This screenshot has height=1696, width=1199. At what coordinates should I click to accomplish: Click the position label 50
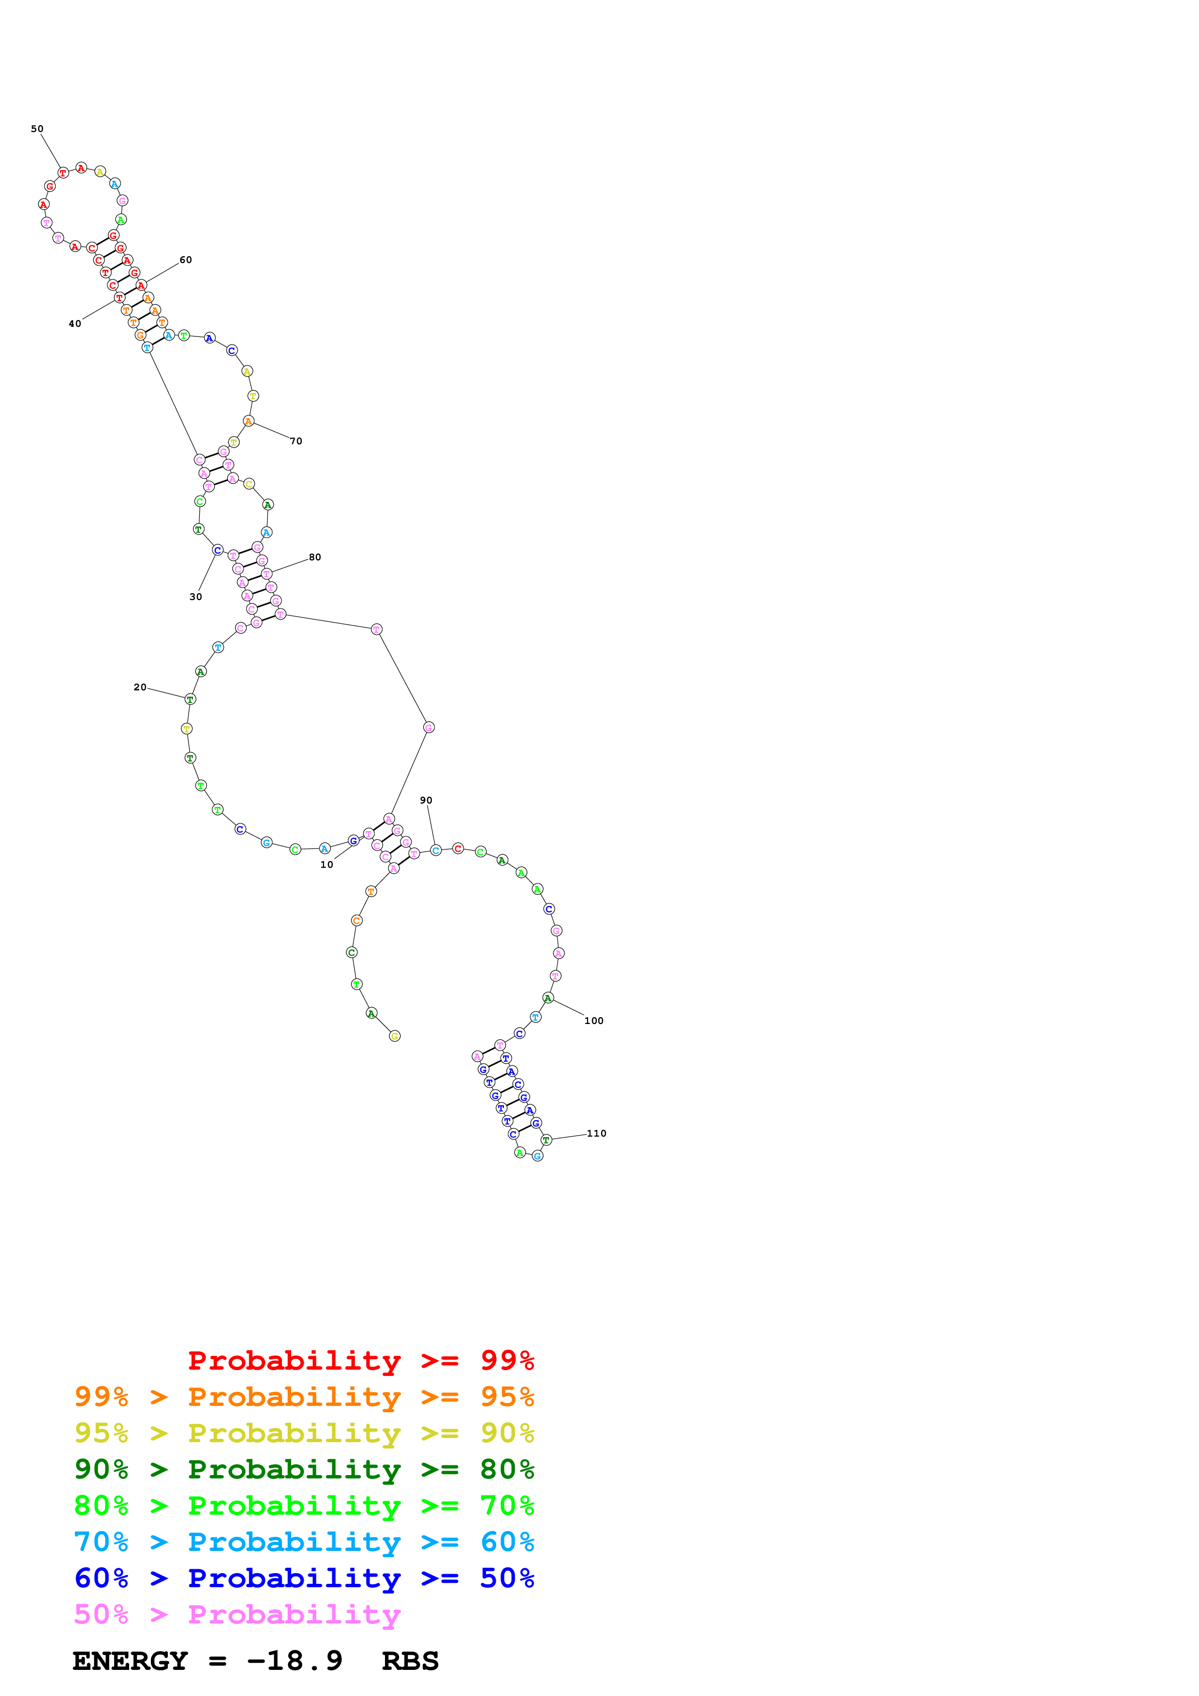click(37, 129)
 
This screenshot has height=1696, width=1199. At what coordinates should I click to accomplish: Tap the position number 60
click(185, 260)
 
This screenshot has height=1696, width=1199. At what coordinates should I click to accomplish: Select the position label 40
click(74, 323)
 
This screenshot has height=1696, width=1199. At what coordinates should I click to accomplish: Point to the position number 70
click(296, 441)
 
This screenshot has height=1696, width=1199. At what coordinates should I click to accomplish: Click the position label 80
click(315, 557)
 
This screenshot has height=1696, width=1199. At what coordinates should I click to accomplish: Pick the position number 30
click(196, 597)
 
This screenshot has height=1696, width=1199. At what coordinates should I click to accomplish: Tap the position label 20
click(140, 687)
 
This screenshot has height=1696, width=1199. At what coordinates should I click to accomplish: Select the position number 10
click(326, 864)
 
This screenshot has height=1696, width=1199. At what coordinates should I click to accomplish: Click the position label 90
click(426, 800)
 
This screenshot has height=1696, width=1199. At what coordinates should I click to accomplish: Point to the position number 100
click(594, 1021)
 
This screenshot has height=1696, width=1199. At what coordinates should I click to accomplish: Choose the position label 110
click(597, 1133)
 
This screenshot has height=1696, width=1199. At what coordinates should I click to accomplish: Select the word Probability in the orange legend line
click(294, 1397)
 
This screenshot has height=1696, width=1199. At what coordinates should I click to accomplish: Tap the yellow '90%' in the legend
click(507, 1433)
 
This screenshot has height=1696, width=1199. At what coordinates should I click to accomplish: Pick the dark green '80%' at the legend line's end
click(507, 1469)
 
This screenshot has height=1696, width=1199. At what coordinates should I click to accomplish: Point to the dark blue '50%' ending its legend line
click(507, 1578)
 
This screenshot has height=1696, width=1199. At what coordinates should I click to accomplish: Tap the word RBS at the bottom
click(410, 1661)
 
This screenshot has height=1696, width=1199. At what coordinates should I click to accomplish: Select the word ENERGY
click(130, 1661)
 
